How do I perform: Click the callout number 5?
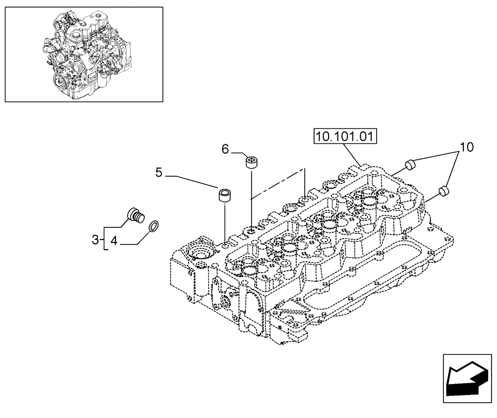pos(159,173)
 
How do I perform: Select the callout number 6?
pos(225,148)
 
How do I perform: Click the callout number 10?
pos(466,147)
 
